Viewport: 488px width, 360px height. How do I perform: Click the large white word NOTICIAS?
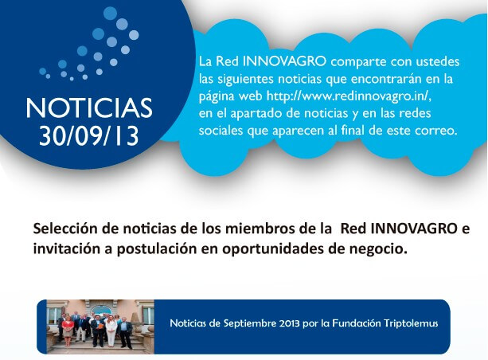pos(89,108)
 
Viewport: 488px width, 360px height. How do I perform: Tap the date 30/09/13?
pos(89,136)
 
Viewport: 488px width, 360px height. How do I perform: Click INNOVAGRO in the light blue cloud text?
pos(284,61)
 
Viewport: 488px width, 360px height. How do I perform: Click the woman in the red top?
pos(68,329)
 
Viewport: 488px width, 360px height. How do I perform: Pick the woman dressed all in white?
pos(110,331)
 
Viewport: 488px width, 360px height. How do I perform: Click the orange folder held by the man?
pos(100,327)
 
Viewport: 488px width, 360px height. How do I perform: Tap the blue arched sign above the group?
pos(101,309)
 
